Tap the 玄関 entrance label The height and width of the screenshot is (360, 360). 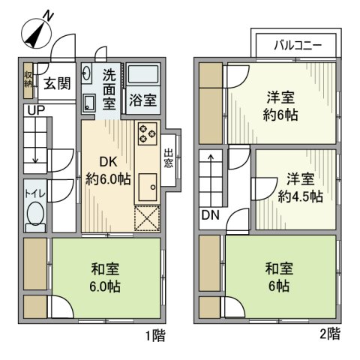(x=56, y=83)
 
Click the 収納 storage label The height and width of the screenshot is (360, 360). (x=28, y=79)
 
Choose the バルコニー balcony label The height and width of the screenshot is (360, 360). (x=297, y=45)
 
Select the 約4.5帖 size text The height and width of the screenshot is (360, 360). (x=300, y=196)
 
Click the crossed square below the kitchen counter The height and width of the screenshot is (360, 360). (x=147, y=218)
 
